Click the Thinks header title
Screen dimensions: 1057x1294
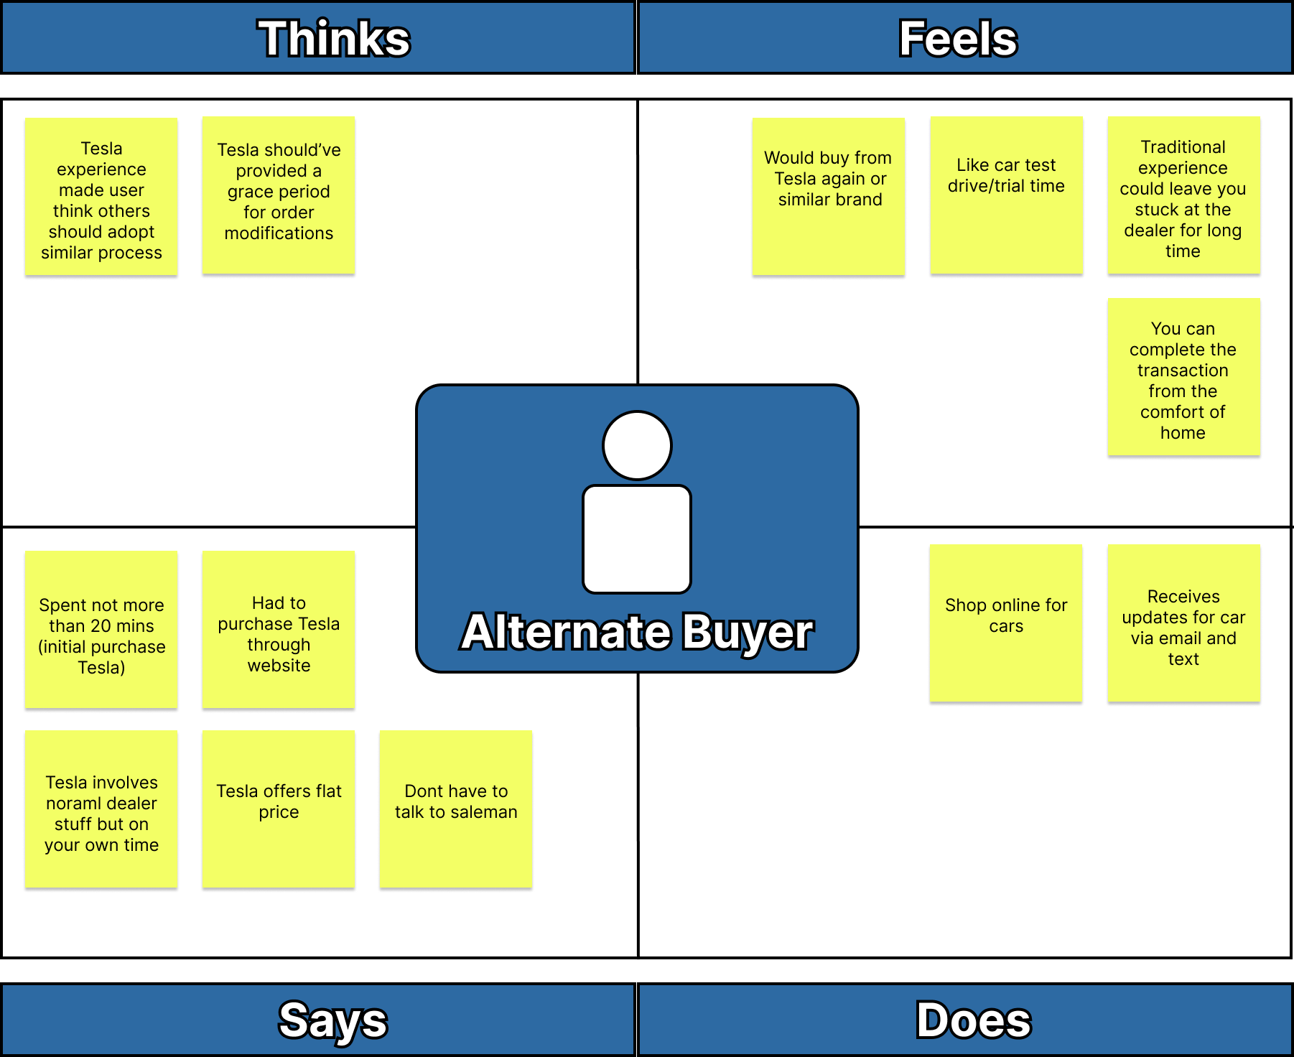click(x=334, y=38)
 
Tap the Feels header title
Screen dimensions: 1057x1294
click(x=958, y=38)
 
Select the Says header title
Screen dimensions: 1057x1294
click(x=333, y=1020)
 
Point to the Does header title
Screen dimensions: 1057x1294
click(x=973, y=1020)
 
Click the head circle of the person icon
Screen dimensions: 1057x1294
click(x=637, y=445)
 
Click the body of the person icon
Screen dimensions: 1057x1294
click(x=637, y=539)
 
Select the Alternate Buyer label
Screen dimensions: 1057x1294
click(x=637, y=632)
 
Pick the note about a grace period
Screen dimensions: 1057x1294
click(x=279, y=195)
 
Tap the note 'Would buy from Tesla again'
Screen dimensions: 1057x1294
click(x=828, y=196)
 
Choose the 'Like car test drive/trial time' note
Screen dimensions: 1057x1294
click(x=1006, y=195)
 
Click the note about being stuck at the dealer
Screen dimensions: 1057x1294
click(x=1183, y=195)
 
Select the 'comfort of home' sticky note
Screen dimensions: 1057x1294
click(x=1183, y=377)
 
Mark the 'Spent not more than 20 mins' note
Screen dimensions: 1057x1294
click(x=101, y=630)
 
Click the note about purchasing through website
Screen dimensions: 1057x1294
click(x=279, y=630)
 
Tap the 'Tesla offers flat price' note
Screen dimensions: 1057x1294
click(x=279, y=809)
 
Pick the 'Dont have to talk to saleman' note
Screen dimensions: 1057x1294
click(x=456, y=809)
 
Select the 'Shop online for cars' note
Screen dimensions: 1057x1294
click(x=1006, y=623)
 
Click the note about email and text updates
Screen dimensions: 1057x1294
click(x=1183, y=623)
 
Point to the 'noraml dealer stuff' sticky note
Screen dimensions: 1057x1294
click(x=101, y=809)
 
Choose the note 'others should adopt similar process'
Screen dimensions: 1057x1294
click(x=101, y=196)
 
